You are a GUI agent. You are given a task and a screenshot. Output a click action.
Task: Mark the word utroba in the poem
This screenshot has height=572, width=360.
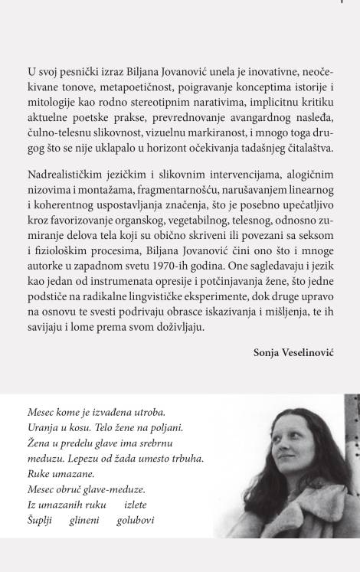pyautogui.click(x=146, y=413)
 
